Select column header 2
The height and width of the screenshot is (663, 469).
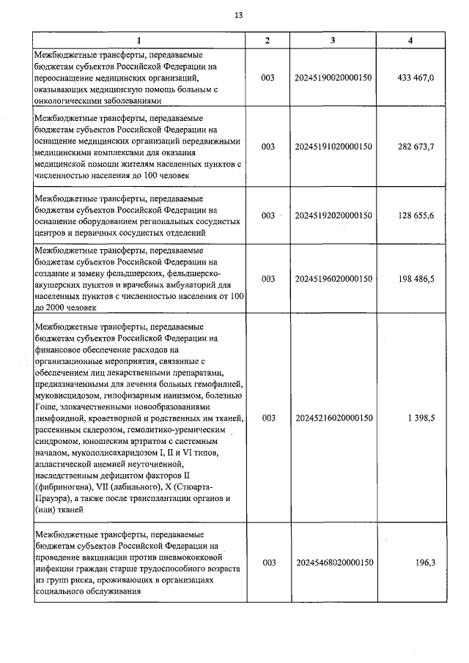267,40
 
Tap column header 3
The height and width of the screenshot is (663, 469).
333,40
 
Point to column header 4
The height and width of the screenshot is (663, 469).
410,40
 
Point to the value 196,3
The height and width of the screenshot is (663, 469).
426,563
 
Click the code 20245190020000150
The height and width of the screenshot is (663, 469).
333,77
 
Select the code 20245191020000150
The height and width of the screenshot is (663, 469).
333,147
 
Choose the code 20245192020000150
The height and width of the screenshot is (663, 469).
333,215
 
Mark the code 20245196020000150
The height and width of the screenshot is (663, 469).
333,279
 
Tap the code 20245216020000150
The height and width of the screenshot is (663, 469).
333,418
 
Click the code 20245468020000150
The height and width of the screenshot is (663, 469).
333,563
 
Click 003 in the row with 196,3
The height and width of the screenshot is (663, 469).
267,563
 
